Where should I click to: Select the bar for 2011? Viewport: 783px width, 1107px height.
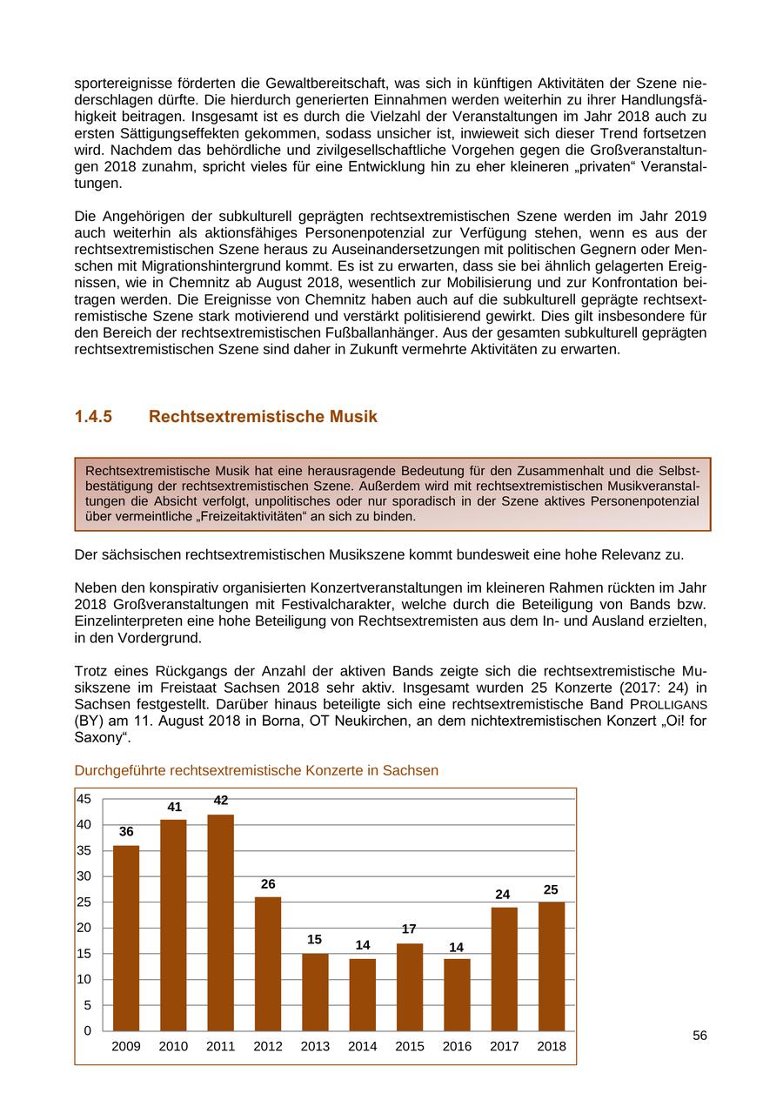point(221,922)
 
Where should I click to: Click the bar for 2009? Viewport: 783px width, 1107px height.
point(126,938)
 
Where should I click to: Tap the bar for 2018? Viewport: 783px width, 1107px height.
point(552,966)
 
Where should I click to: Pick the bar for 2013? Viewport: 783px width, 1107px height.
point(315,992)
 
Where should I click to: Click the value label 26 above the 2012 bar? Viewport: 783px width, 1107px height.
point(268,884)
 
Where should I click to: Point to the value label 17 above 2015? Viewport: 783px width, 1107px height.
point(409,929)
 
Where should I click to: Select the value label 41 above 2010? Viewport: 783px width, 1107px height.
point(174,807)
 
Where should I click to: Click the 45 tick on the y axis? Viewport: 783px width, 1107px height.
point(84,799)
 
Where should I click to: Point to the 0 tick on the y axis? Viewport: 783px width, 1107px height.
point(88,1031)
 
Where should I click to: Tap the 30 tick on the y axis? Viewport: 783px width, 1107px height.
point(84,876)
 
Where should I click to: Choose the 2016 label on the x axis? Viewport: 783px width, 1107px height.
point(457,1046)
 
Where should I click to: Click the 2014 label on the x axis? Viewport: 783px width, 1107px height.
point(363,1046)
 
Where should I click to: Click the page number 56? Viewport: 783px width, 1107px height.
point(699,1036)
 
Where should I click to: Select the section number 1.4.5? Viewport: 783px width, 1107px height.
point(94,417)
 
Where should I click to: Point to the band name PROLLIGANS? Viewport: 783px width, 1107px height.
point(665,703)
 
